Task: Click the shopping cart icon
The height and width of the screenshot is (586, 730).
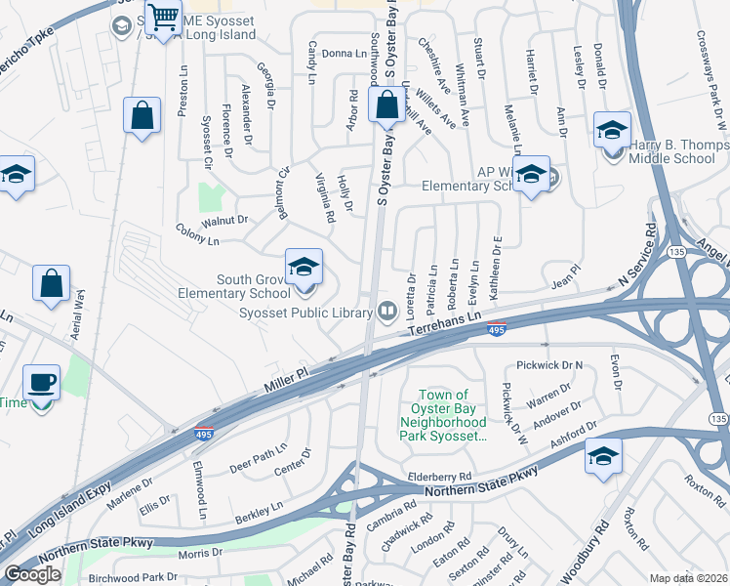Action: [162, 16]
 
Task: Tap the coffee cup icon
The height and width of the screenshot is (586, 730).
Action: [41, 382]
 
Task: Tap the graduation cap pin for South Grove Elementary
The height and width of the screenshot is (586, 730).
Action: [304, 266]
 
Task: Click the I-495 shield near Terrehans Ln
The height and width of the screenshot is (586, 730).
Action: [496, 331]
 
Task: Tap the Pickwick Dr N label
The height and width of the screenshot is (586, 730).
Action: [548, 365]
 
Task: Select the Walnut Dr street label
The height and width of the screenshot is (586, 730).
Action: [222, 221]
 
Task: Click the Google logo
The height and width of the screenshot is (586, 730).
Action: [32, 574]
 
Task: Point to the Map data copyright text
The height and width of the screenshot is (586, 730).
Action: [687, 578]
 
